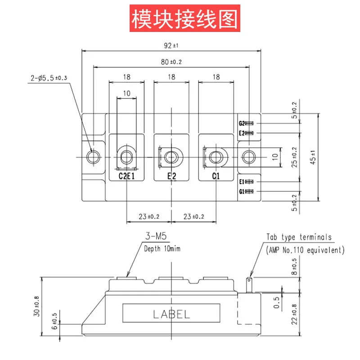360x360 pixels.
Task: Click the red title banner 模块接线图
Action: pos(185,18)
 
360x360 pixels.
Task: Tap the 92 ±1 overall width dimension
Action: pos(171,45)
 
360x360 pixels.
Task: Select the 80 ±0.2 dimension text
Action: pos(171,62)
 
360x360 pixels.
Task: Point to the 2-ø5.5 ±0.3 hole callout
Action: pos(49,78)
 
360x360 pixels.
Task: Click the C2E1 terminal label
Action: pos(126,176)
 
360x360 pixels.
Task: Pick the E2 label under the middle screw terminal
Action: pos(171,176)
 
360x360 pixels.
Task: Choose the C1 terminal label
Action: pos(216,176)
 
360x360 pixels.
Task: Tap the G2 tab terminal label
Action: pos(242,123)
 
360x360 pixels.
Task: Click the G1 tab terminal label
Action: pos(242,192)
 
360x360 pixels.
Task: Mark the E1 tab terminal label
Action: pos(242,182)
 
